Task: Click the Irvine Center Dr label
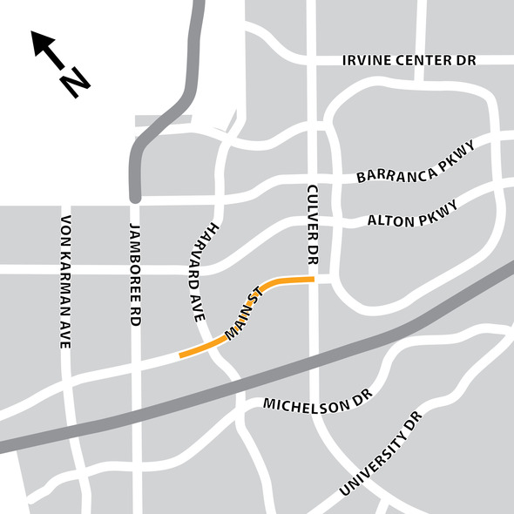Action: point(409,61)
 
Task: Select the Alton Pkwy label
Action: point(410,213)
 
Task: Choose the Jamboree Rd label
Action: point(135,275)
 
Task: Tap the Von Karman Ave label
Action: point(64,282)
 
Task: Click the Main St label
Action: point(243,313)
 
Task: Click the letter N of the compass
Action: point(76,84)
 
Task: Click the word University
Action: point(371,471)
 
